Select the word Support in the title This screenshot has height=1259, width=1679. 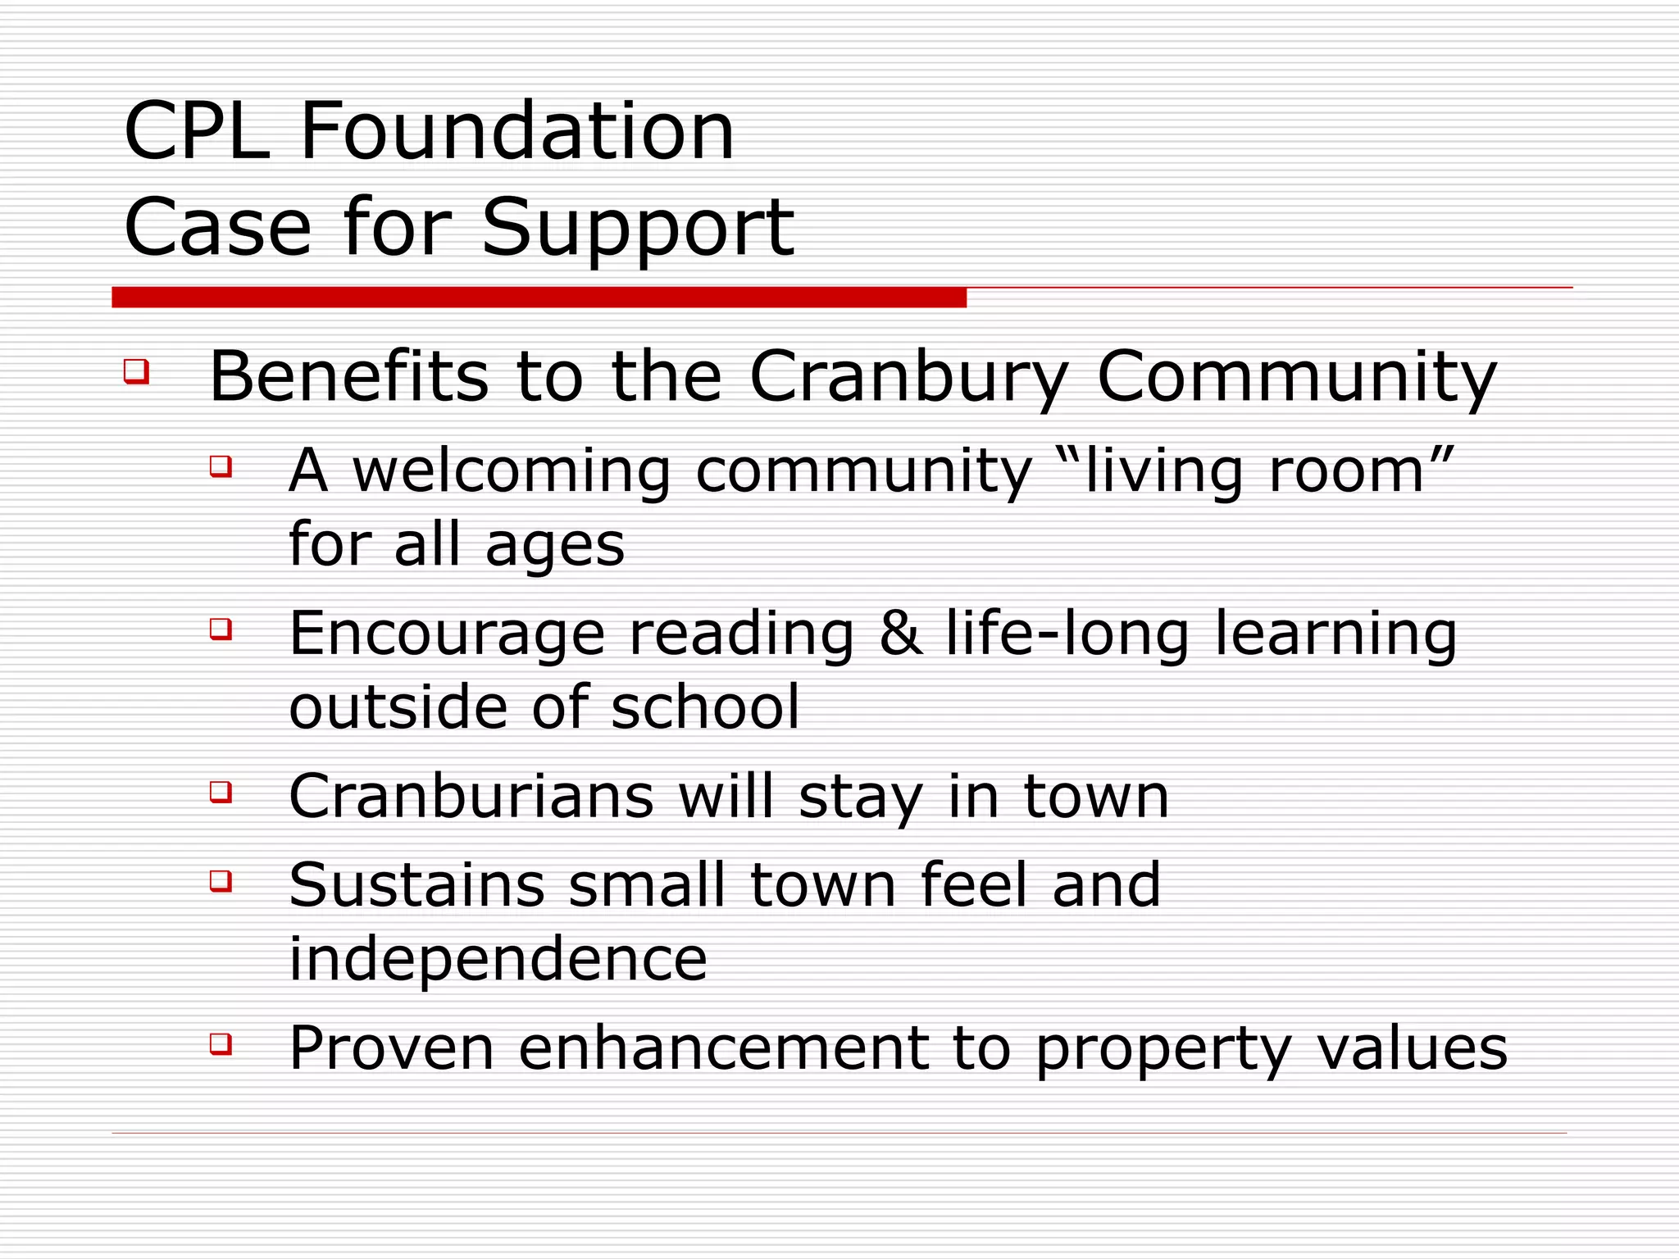[638, 230]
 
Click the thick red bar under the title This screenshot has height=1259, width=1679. [539, 298]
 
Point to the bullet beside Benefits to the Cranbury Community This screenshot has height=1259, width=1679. [136, 371]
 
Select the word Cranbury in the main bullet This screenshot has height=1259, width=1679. [909, 378]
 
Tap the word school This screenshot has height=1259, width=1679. [705, 707]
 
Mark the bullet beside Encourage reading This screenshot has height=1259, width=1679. [221, 629]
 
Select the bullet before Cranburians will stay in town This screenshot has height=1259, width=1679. [221, 792]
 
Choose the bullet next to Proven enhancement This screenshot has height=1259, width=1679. [221, 1043]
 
